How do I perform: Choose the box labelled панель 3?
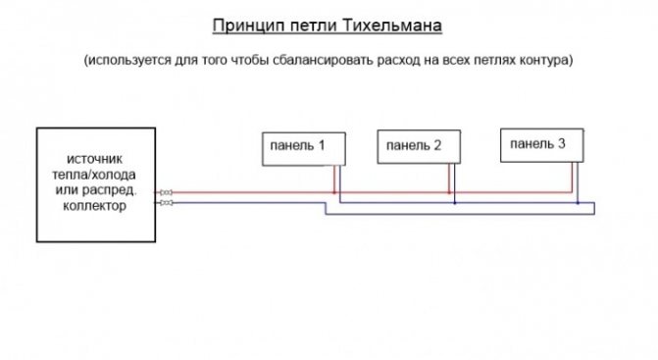coord(541,144)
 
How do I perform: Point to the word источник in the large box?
coord(95,160)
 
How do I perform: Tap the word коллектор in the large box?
coord(95,206)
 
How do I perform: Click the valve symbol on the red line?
coord(167,192)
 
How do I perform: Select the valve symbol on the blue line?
coord(167,203)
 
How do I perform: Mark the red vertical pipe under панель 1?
coord(334,179)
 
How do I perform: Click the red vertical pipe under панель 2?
coord(450,179)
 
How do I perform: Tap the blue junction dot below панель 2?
coord(455,203)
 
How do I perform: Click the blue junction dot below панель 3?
coord(579,203)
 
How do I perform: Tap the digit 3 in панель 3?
coord(561,144)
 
